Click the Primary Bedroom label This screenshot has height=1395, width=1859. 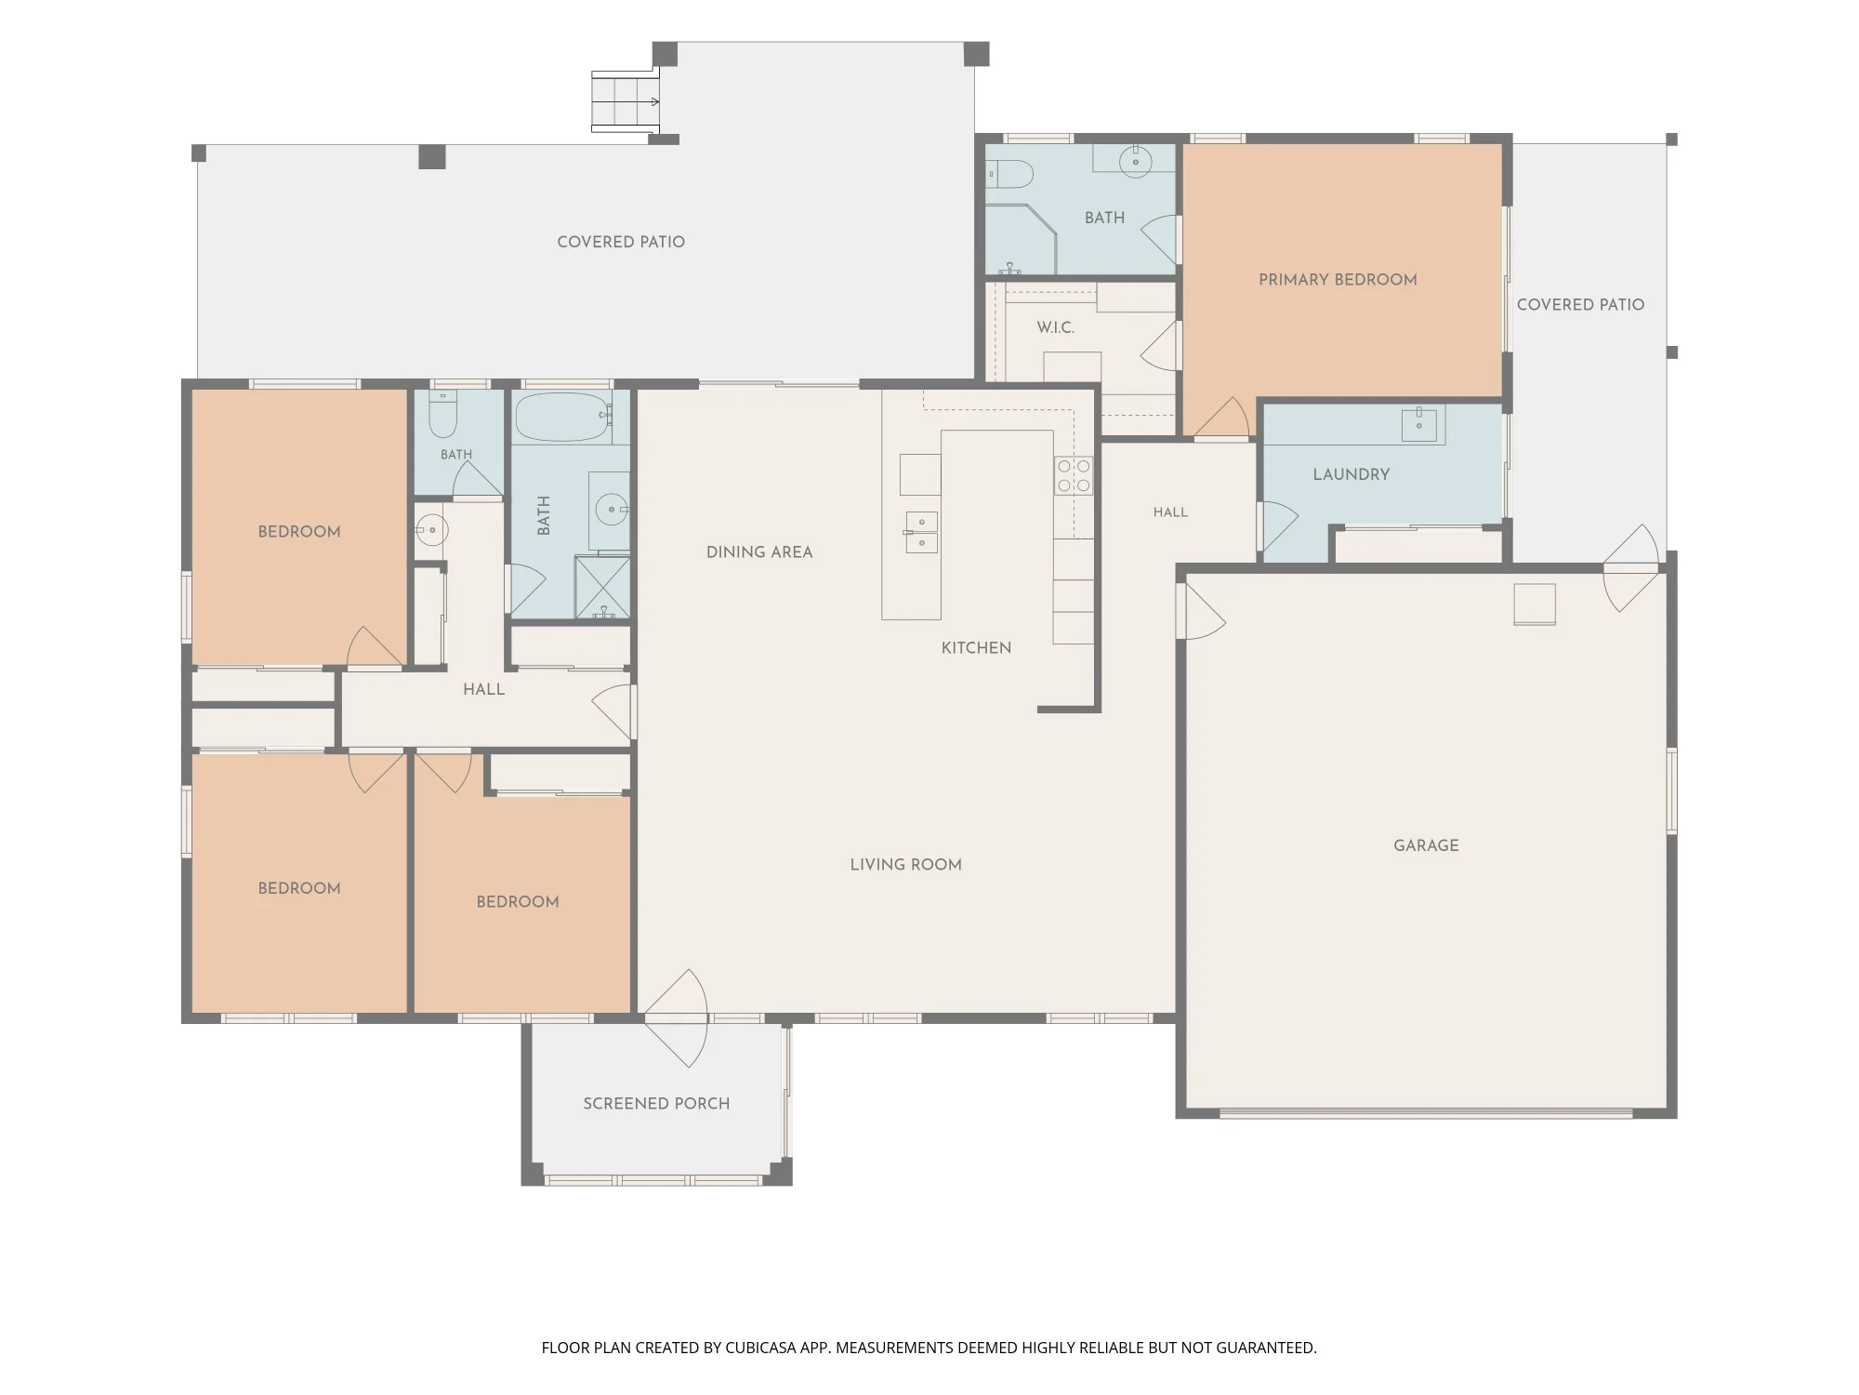pyautogui.click(x=1338, y=280)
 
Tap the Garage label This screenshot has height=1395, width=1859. pyautogui.click(x=1426, y=845)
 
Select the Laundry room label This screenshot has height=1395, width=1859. pyautogui.click(x=1351, y=474)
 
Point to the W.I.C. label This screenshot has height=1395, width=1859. pyautogui.click(x=1056, y=327)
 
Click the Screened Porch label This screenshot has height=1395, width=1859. pyautogui.click(x=656, y=1104)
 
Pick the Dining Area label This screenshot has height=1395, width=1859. pyautogui.click(x=759, y=552)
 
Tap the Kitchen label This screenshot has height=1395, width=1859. pyautogui.click(x=976, y=648)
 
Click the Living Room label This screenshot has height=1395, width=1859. pyautogui.click(x=906, y=865)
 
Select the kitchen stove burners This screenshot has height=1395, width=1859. pyautogui.click(x=1074, y=475)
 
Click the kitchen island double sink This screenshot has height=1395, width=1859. pyautogui.click(x=921, y=533)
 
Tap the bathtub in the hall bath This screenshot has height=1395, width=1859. pyautogui.click(x=563, y=418)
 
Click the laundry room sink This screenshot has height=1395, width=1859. pyautogui.click(x=1419, y=425)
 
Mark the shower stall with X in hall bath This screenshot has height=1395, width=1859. pyautogui.click(x=602, y=587)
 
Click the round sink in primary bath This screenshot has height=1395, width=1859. pyautogui.click(x=1135, y=162)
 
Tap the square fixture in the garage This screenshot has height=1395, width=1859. pyautogui.click(x=1535, y=604)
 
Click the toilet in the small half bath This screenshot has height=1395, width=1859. pyautogui.click(x=442, y=415)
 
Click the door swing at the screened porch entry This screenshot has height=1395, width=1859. pyautogui.click(x=677, y=1018)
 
